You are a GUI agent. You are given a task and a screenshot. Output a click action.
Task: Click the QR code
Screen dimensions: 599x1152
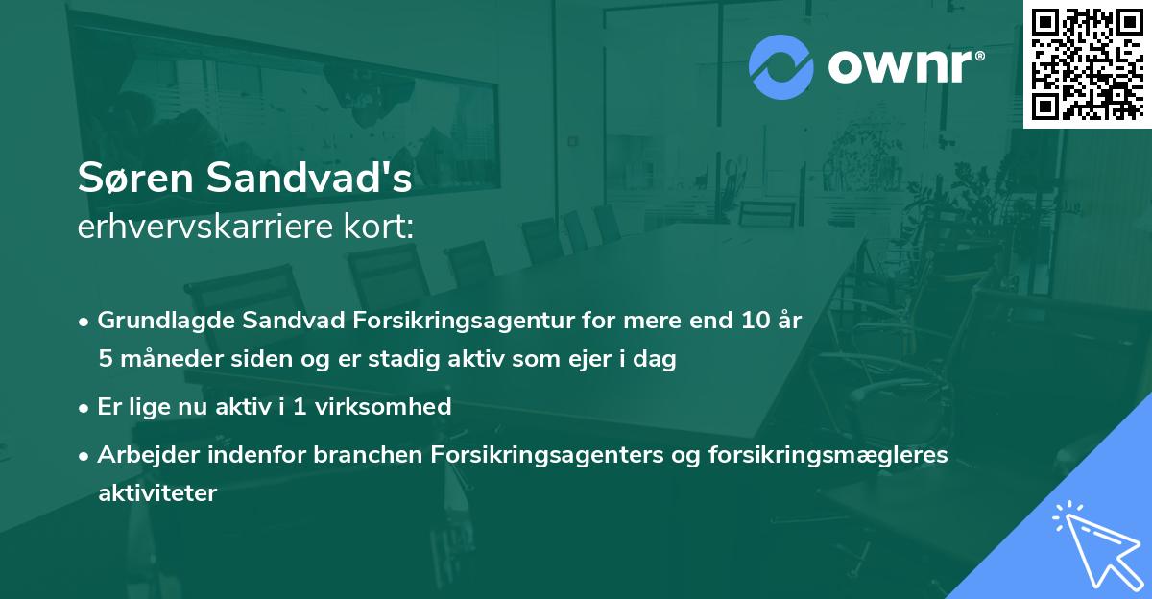tap(1087, 63)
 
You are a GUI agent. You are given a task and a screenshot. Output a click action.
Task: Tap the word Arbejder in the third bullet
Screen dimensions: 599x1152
tap(140, 455)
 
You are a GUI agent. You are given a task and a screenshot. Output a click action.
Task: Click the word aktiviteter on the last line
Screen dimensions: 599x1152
tap(157, 494)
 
